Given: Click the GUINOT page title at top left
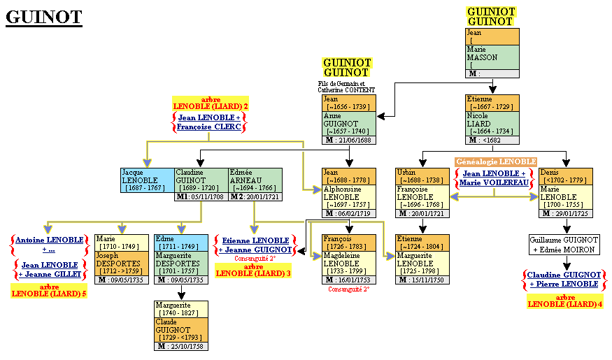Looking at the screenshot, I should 44,17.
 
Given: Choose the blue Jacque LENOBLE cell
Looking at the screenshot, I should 148,180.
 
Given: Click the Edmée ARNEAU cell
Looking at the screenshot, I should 255,180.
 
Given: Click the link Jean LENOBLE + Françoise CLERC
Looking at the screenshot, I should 210,122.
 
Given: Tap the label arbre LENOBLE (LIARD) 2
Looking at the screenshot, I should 210,103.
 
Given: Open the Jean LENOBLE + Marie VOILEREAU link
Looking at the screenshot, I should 494,178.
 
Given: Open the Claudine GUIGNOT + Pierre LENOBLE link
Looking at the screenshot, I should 564,280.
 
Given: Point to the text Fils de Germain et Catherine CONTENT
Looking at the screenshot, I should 346,87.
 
